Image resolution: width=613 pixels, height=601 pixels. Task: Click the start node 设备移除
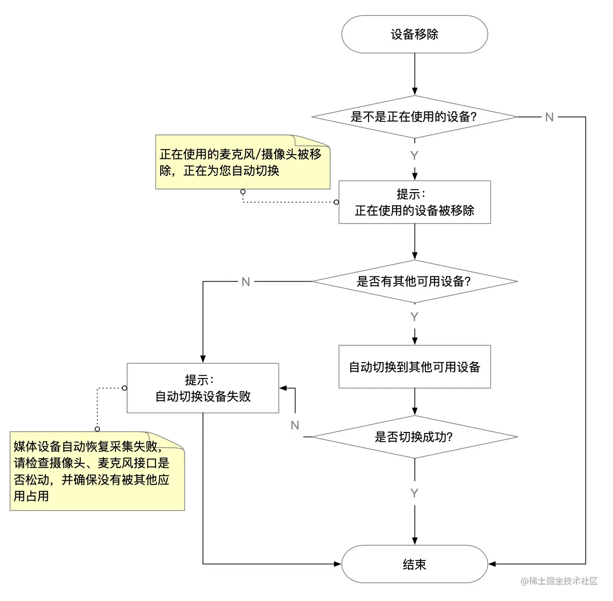[x=414, y=34]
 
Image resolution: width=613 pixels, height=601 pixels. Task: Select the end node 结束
[x=414, y=564]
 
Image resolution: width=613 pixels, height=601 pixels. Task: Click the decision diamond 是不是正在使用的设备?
[x=414, y=117]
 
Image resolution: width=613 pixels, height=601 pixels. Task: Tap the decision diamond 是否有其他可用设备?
[x=414, y=281]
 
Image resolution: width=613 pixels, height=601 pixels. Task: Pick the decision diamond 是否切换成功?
[x=414, y=437]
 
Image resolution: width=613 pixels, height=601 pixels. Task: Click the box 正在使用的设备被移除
[x=414, y=202]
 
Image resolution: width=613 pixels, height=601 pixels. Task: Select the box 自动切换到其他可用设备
[x=414, y=366]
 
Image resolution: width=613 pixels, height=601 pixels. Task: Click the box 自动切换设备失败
[x=203, y=388]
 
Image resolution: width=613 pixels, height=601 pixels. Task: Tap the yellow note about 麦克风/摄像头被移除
[x=243, y=162]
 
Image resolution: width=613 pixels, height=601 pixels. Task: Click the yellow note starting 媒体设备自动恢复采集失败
[x=97, y=471]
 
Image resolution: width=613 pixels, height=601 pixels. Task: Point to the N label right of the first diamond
[x=549, y=117]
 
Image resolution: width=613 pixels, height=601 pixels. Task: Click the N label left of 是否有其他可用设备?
[x=246, y=282]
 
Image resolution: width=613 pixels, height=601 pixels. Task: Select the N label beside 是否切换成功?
[x=295, y=425]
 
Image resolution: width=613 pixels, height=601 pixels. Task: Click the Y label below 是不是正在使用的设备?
[x=414, y=156]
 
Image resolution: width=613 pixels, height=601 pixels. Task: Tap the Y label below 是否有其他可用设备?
[x=414, y=317]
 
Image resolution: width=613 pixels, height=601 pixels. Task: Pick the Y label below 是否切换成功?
[x=414, y=493]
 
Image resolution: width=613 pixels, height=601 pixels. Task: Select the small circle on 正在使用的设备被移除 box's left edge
[x=336, y=202]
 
